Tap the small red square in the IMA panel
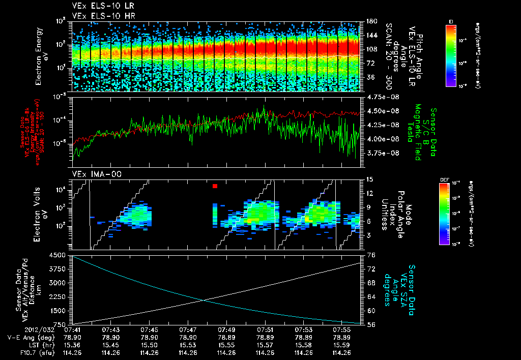pyautogui.click(x=215, y=187)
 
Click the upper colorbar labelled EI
pyautogui.click(x=451, y=55)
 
